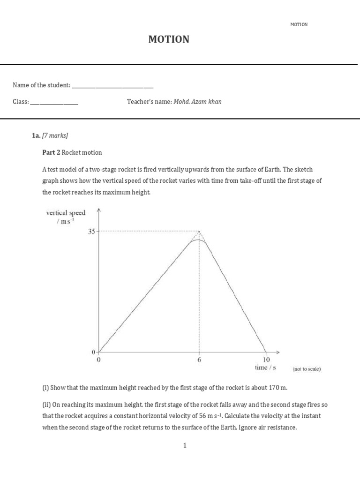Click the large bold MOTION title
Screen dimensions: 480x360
click(x=169, y=40)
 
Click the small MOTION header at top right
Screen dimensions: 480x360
click(x=299, y=24)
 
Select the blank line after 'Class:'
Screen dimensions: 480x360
click(x=54, y=102)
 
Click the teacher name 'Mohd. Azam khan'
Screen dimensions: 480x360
click(x=197, y=102)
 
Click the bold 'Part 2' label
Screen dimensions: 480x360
click(x=51, y=152)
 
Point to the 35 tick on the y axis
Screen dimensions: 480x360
click(x=91, y=231)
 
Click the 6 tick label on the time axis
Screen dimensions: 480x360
click(x=199, y=360)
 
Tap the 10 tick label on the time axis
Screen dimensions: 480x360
click(x=266, y=360)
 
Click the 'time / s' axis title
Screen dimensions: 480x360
click(x=265, y=367)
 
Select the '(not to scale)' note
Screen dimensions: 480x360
click(x=307, y=369)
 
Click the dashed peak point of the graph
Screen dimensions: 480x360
click(x=200, y=231)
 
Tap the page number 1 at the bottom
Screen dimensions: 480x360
click(x=185, y=445)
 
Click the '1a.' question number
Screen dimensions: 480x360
click(x=36, y=135)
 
